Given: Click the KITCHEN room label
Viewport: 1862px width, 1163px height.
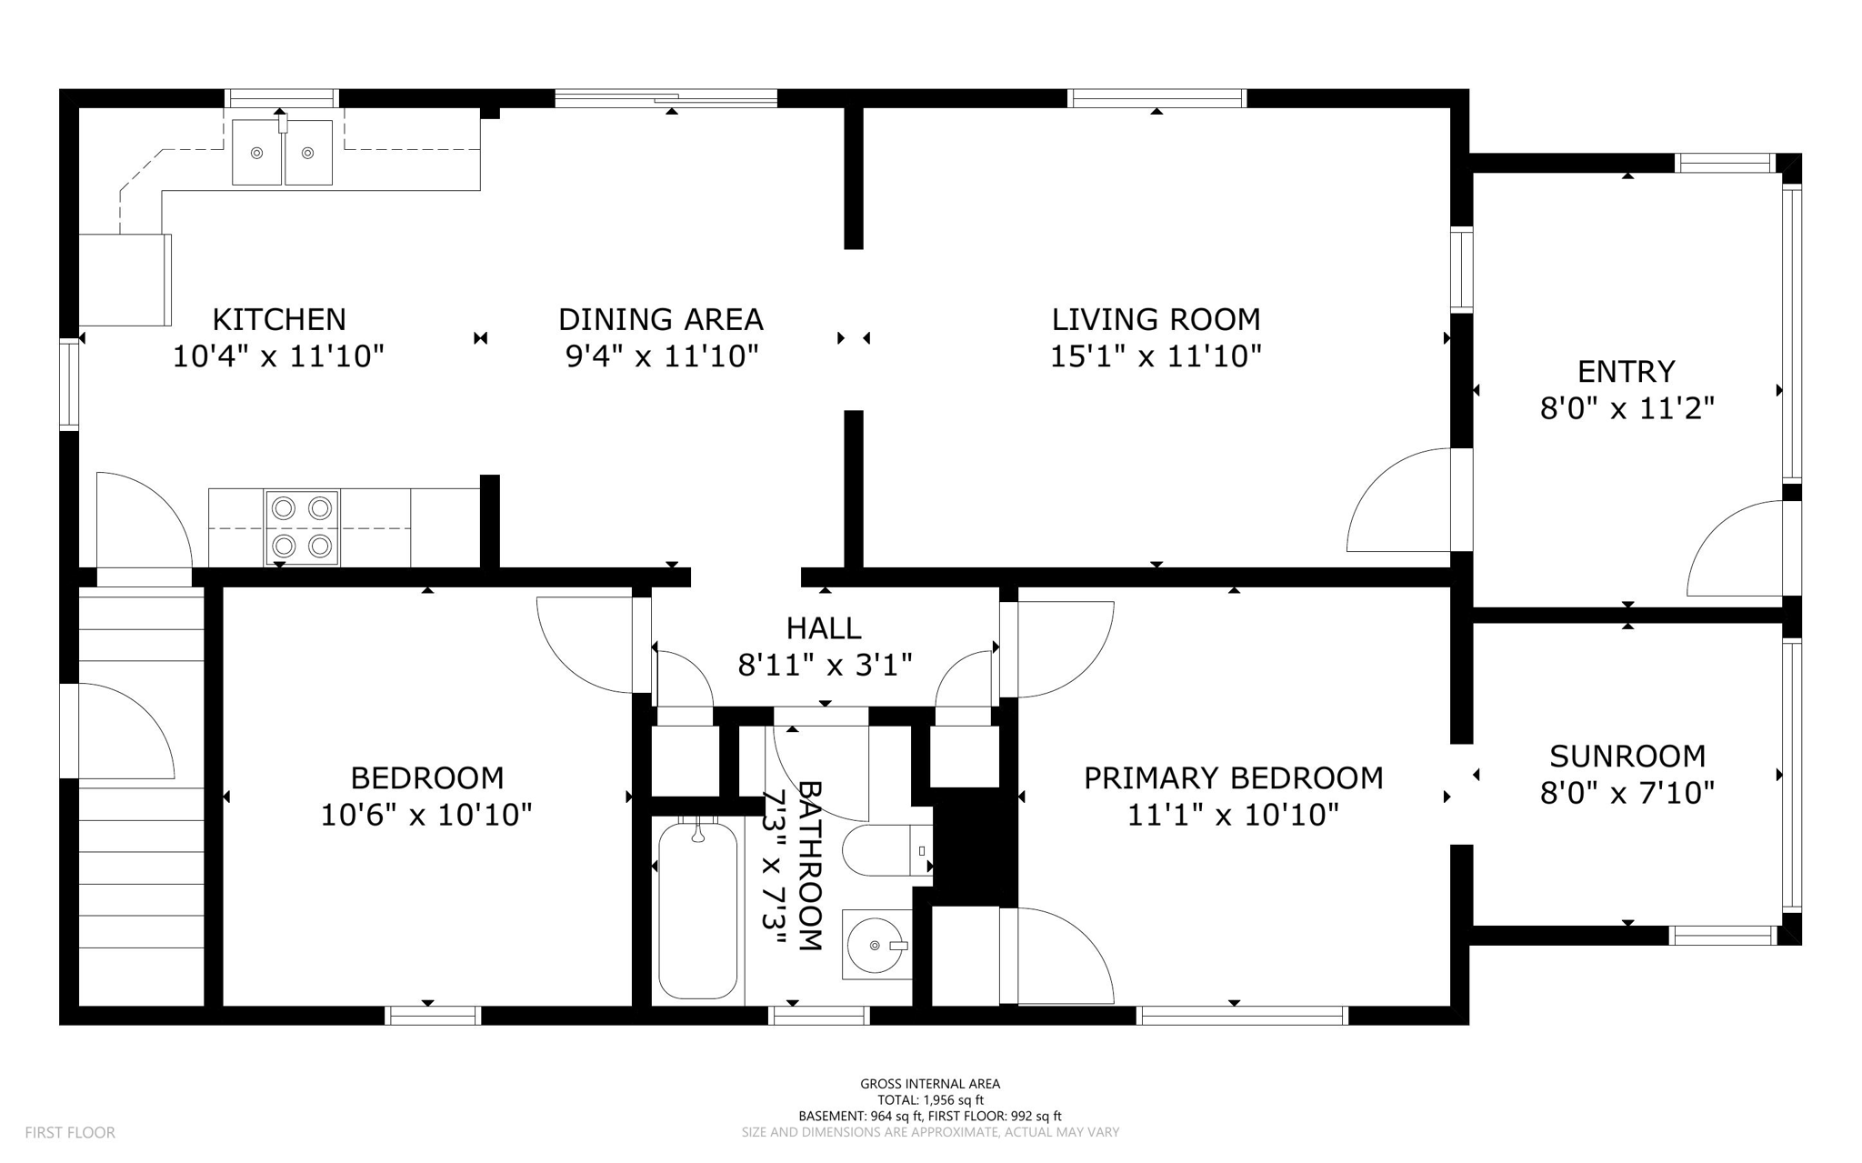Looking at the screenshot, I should pyautogui.click(x=279, y=319).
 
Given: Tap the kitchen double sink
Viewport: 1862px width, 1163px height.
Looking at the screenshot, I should pyautogui.click(x=282, y=153).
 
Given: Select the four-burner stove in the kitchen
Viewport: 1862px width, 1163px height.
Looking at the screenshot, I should pyautogui.click(x=302, y=527).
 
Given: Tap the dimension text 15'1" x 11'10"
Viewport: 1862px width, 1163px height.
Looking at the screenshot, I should pyautogui.click(x=1156, y=356).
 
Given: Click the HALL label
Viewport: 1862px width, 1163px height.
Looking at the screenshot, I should pyautogui.click(x=824, y=628).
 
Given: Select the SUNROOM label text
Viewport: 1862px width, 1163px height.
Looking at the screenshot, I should pyautogui.click(x=1627, y=757).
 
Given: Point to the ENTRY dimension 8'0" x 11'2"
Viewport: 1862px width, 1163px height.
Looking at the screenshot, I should pyautogui.click(x=1627, y=408).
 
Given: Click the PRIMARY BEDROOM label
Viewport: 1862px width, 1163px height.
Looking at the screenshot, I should pyautogui.click(x=1233, y=778).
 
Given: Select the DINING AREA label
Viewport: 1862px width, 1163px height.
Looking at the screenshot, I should pyautogui.click(x=660, y=319).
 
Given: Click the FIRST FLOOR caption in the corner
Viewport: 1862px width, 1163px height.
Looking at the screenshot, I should pyautogui.click(x=70, y=1132).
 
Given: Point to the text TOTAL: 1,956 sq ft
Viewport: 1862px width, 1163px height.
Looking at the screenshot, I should pyautogui.click(x=930, y=1099).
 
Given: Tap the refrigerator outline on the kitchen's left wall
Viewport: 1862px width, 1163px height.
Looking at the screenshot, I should pyautogui.click(x=125, y=280).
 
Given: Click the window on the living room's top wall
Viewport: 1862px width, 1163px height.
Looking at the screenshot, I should pyautogui.click(x=1156, y=98).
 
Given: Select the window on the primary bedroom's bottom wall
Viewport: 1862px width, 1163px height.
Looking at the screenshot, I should pyautogui.click(x=1242, y=1016).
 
